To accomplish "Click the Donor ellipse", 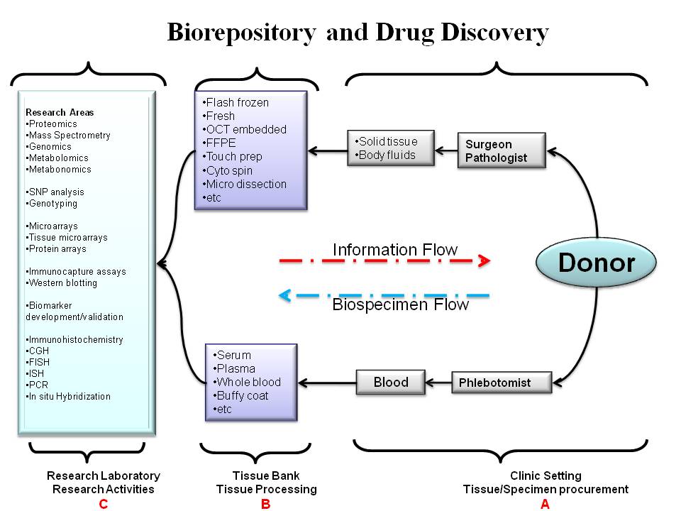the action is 596,262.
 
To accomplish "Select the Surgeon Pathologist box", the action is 502,150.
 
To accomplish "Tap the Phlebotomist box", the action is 502,383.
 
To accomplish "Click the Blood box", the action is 390,382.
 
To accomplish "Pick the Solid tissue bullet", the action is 386,141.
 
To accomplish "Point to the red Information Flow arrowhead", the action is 484,260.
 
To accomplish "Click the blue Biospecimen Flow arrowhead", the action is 285,295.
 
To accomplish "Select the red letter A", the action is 545,504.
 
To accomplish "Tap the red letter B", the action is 265,504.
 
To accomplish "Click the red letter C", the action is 103,504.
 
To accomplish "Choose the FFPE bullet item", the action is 219,143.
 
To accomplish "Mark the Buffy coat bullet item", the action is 240,395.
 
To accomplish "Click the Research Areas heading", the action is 60,112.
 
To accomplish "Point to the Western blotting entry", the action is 61,283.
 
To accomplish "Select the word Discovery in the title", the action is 494,33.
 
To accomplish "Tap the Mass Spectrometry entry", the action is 68,135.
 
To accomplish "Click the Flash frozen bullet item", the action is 236,102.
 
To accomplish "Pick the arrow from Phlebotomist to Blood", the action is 438,383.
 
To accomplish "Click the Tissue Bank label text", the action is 266,476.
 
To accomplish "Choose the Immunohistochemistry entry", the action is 74,339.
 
